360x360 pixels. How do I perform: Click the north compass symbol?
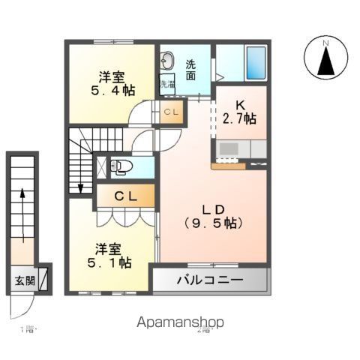[x=326, y=58]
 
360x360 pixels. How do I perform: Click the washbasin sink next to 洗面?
[x=166, y=61]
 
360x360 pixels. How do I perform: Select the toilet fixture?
[x=121, y=166]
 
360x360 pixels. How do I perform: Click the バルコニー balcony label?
[x=210, y=281]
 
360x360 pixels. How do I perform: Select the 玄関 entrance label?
[x=23, y=281]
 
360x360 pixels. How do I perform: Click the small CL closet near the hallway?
[x=170, y=112]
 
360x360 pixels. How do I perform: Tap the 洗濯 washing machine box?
[x=166, y=84]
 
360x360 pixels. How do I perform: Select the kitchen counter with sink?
[x=239, y=150]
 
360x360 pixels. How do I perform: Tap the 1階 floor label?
[x=28, y=330]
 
